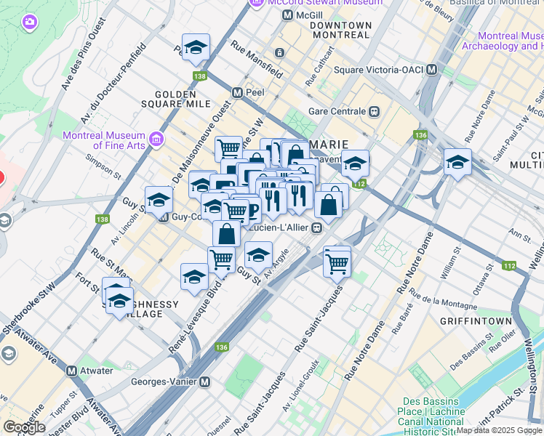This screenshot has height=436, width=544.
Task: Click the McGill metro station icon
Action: click(288, 15)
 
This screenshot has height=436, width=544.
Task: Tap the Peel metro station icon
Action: click(237, 93)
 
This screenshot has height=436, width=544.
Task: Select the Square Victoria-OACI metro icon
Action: click(432, 70)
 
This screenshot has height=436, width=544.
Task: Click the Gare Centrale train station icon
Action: click(375, 112)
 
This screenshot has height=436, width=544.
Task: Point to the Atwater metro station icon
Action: click(72, 371)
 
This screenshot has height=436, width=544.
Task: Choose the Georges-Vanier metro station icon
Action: click(205, 381)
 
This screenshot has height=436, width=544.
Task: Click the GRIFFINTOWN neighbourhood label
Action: click(473, 320)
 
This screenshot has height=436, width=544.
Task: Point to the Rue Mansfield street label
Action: click(257, 59)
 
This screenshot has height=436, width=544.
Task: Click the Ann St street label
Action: click(521, 234)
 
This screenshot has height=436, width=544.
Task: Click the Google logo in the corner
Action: click(24, 427)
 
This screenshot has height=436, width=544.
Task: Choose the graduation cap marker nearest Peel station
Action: click(196, 48)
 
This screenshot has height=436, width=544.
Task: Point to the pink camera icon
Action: click(29, 22)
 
